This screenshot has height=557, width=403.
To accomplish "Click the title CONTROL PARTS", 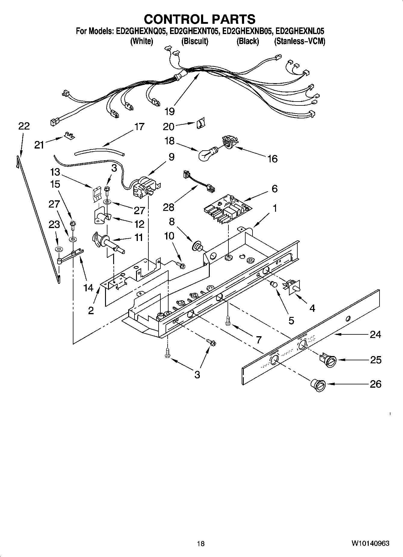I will click(200, 19).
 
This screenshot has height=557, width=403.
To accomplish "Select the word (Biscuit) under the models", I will click(195, 41).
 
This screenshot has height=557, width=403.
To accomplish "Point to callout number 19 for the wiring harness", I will click(169, 112).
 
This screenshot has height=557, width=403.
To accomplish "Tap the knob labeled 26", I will click(318, 385).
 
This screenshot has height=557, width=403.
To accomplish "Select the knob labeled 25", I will click(328, 361).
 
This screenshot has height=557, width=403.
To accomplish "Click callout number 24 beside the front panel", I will click(375, 335).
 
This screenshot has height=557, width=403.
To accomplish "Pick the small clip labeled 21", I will click(69, 136).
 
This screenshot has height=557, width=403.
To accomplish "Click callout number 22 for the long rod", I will click(24, 126).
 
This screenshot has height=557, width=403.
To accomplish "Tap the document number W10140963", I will click(370, 543).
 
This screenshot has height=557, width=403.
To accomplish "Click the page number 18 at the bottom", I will click(200, 543).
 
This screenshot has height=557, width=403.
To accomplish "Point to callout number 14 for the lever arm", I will click(88, 288).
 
